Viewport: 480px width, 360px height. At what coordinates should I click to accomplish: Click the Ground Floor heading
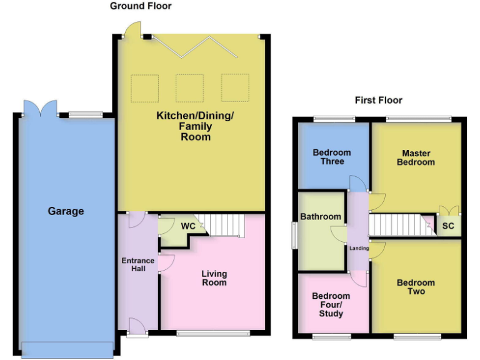tap(141, 6)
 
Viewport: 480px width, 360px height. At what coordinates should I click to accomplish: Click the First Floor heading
tap(378, 100)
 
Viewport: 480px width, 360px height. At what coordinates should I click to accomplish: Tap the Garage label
tap(66, 211)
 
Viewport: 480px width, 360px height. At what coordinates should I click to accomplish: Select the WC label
tap(188, 226)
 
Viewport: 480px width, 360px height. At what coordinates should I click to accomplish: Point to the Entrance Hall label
tap(134, 264)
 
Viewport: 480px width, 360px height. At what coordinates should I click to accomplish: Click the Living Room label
tap(214, 278)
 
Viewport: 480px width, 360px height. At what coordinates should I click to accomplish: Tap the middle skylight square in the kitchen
tap(189, 87)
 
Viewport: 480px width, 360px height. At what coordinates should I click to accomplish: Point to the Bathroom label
tap(321, 217)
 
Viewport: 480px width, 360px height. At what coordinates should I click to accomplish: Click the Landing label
tap(359, 248)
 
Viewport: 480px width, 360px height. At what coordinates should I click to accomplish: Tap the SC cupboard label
tap(448, 226)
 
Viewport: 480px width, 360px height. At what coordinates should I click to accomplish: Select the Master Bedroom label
tap(418, 157)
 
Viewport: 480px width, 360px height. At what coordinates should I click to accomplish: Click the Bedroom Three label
tap(332, 157)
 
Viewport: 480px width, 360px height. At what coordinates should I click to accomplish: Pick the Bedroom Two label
tap(416, 287)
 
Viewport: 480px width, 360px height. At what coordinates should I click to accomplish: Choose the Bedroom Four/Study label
tap(331, 304)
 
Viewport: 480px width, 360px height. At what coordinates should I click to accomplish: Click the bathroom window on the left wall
tap(294, 235)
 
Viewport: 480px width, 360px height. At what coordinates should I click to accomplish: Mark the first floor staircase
tap(397, 224)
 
